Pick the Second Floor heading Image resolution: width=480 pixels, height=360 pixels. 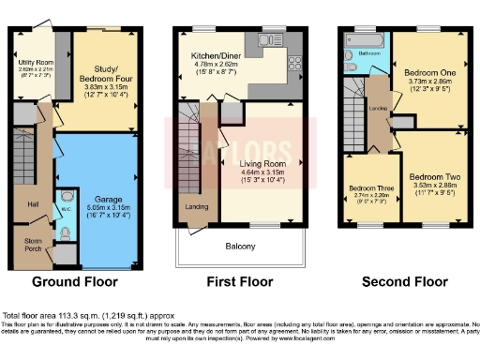pos(405,281)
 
